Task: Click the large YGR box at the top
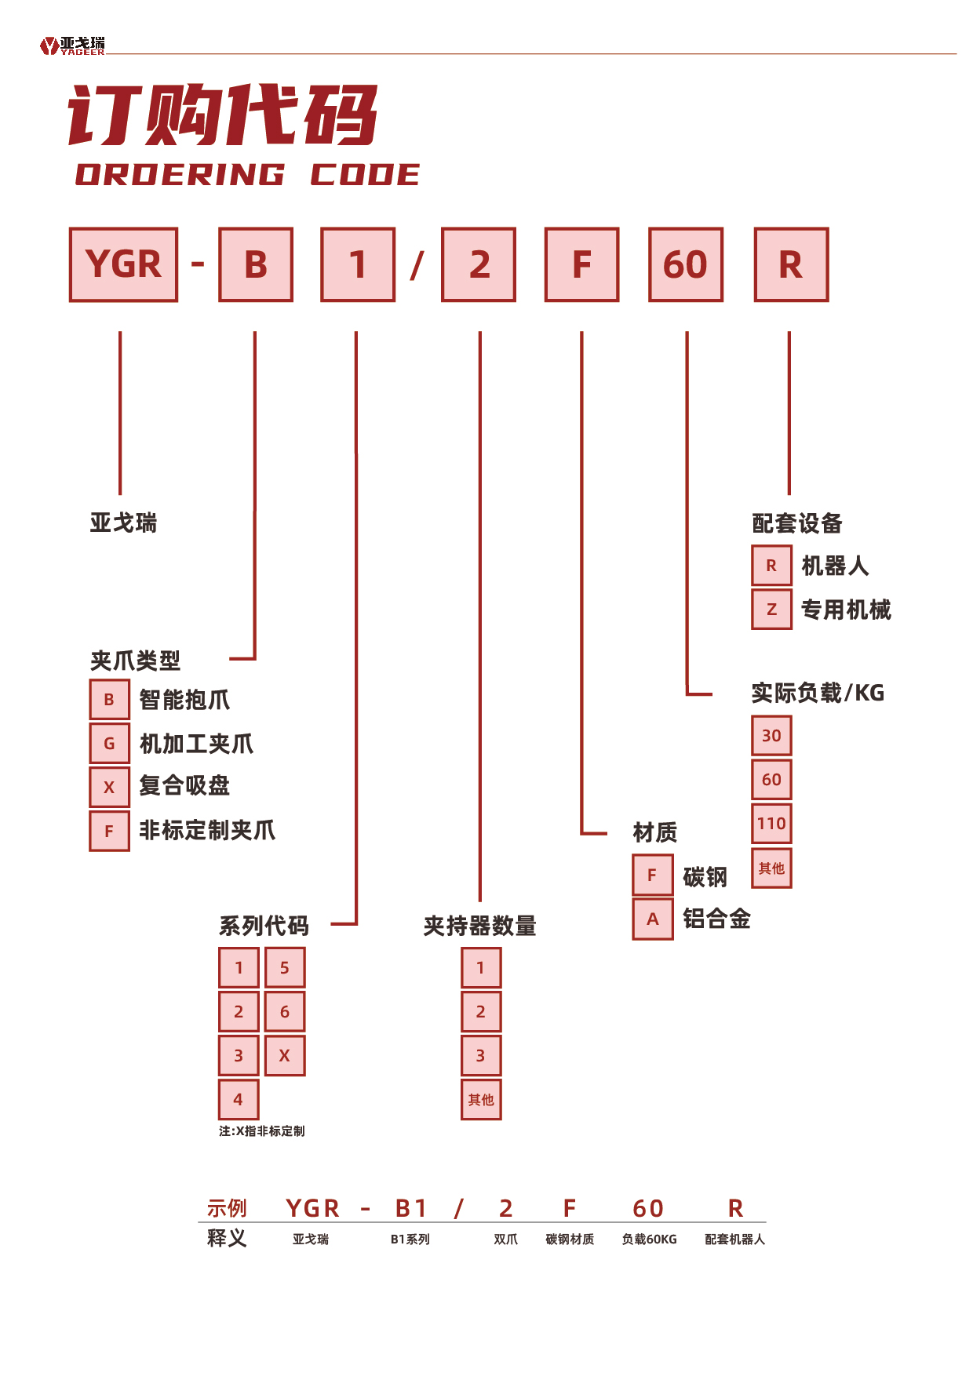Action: pyautogui.click(x=124, y=264)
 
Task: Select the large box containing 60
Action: pyautogui.click(x=686, y=264)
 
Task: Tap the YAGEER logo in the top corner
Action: pyautogui.click(x=72, y=46)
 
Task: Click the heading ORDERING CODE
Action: pyautogui.click(x=247, y=175)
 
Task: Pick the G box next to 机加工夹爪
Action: pyautogui.click(x=109, y=744)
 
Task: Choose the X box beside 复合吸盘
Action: pyautogui.click(x=109, y=788)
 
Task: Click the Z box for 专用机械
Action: pyautogui.click(x=771, y=610)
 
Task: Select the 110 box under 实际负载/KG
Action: pyautogui.click(x=771, y=824)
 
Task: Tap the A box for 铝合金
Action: pyautogui.click(x=652, y=919)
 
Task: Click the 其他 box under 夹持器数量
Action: pyautogui.click(x=481, y=1100)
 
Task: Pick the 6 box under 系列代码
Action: pyautogui.click(x=285, y=1012)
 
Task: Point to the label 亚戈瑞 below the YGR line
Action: pyautogui.click(x=123, y=522)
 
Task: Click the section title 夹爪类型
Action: pyautogui.click(x=135, y=661)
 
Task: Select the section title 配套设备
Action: pyautogui.click(x=796, y=523)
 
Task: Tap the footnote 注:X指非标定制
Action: pyautogui.click(x=261, y=1131)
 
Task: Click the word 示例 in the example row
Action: pyautogui.click(x=227, y=1208)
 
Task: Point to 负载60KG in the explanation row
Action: pyautogui.click(x=649, y=1239)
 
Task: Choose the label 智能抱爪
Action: pyautogui.click(x=184, y=700)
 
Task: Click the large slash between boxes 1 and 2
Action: pyautogui.click(x=417, y=265)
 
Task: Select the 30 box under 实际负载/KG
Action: pyautogui.click(x=771, y=736)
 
